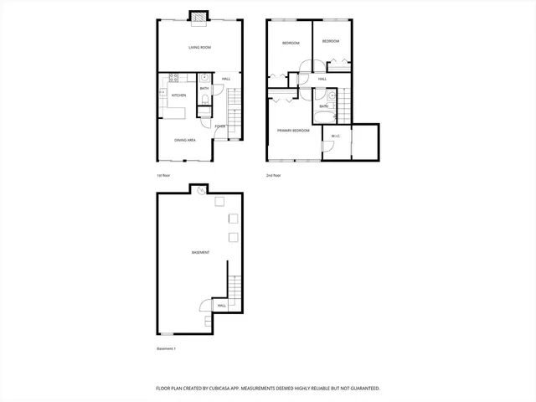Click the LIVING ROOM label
pyautogui.click(x=199, y=48)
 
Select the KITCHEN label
pyautogui.click(x=178, y=95)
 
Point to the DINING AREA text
pyautogui.click(x=185, y=140)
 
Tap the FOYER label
pyautogui.click(x=219, y=126)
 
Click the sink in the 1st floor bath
pyautogui.click(x=205, y=78)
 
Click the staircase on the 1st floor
pyautogui.click(x=234, y=104)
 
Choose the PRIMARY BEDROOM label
pyautogui.click(x=294, y=131)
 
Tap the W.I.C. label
pyautogui.click(x=335, y=136)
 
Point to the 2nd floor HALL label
pyautogui.click(x=322, y=80)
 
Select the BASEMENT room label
pyautogui.click(x=200, y=252)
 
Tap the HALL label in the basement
pyautogui.click(x=222, y=306)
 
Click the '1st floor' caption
pyautogui.click(x=164, y=175)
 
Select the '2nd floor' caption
pyautogui.click(x=273, y=175)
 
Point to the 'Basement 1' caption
pyautogui.click(x=167, y=348)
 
